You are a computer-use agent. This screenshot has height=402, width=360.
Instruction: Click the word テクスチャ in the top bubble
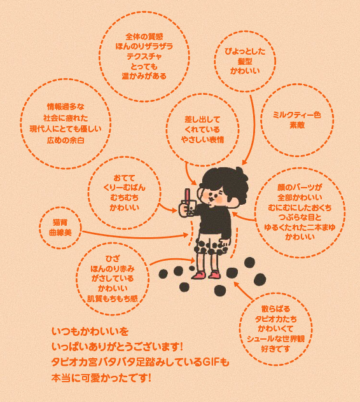[144, 57]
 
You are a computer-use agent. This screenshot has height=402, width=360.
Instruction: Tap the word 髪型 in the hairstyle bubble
[245, 61]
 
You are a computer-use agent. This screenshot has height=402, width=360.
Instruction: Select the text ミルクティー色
[297, 115]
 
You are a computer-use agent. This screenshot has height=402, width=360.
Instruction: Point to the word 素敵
[297, 125]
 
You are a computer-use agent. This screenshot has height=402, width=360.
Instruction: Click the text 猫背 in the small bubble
[60, 222]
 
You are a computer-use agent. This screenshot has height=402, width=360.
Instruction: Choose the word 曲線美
[60, 233]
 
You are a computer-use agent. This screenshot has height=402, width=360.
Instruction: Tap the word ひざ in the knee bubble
[113, 258]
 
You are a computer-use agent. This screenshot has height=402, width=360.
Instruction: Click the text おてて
[124, 178]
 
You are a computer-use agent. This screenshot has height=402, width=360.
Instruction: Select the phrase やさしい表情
[202, 139]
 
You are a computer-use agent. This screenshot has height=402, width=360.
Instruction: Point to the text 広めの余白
[66, 140]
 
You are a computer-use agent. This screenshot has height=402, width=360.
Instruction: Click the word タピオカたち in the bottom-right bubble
[275, 319]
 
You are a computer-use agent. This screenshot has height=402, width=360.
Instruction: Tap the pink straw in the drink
[188, 195]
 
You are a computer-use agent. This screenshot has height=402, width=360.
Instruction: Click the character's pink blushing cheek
[219, 200]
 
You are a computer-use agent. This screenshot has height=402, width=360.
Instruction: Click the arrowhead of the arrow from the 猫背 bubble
[186, 235]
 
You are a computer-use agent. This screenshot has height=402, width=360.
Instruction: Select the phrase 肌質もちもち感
[113, 298]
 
